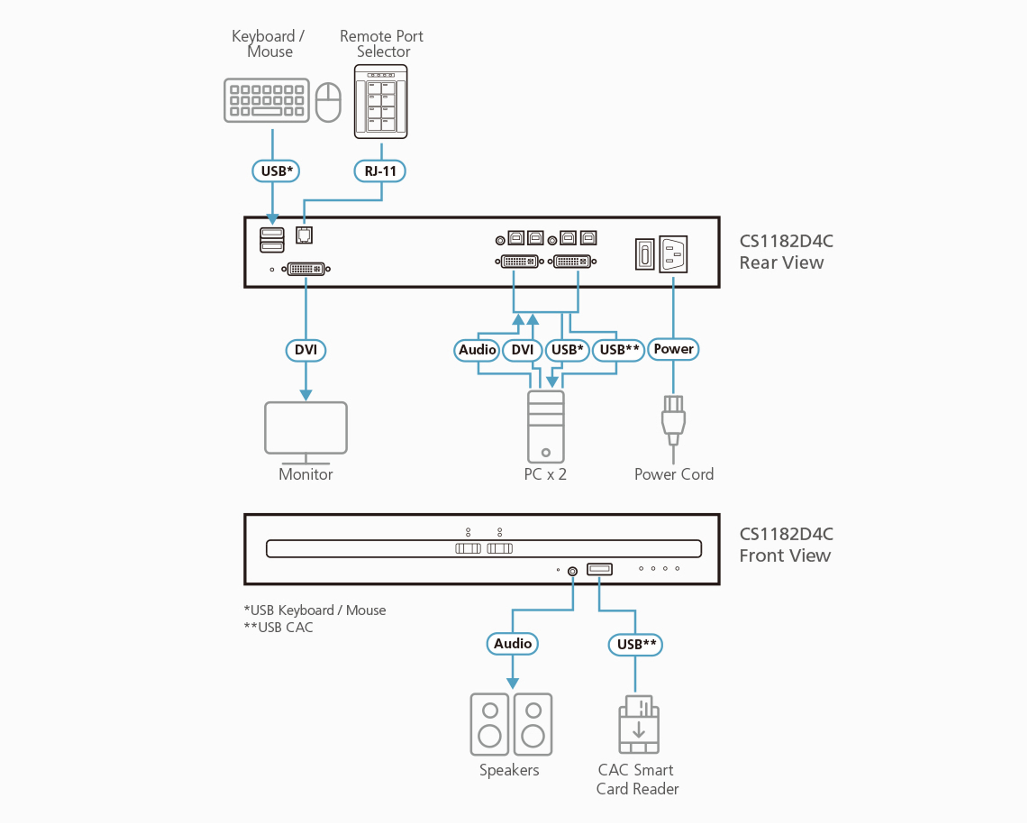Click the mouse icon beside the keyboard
point(328,102)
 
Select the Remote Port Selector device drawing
point(381,101)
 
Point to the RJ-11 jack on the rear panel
point(304,235)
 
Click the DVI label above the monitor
point(306,350)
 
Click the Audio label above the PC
point(477,350)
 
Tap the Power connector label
point(673,349)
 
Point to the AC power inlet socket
point(673,254)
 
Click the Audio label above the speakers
point(512,644)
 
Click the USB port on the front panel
point(599,569)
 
